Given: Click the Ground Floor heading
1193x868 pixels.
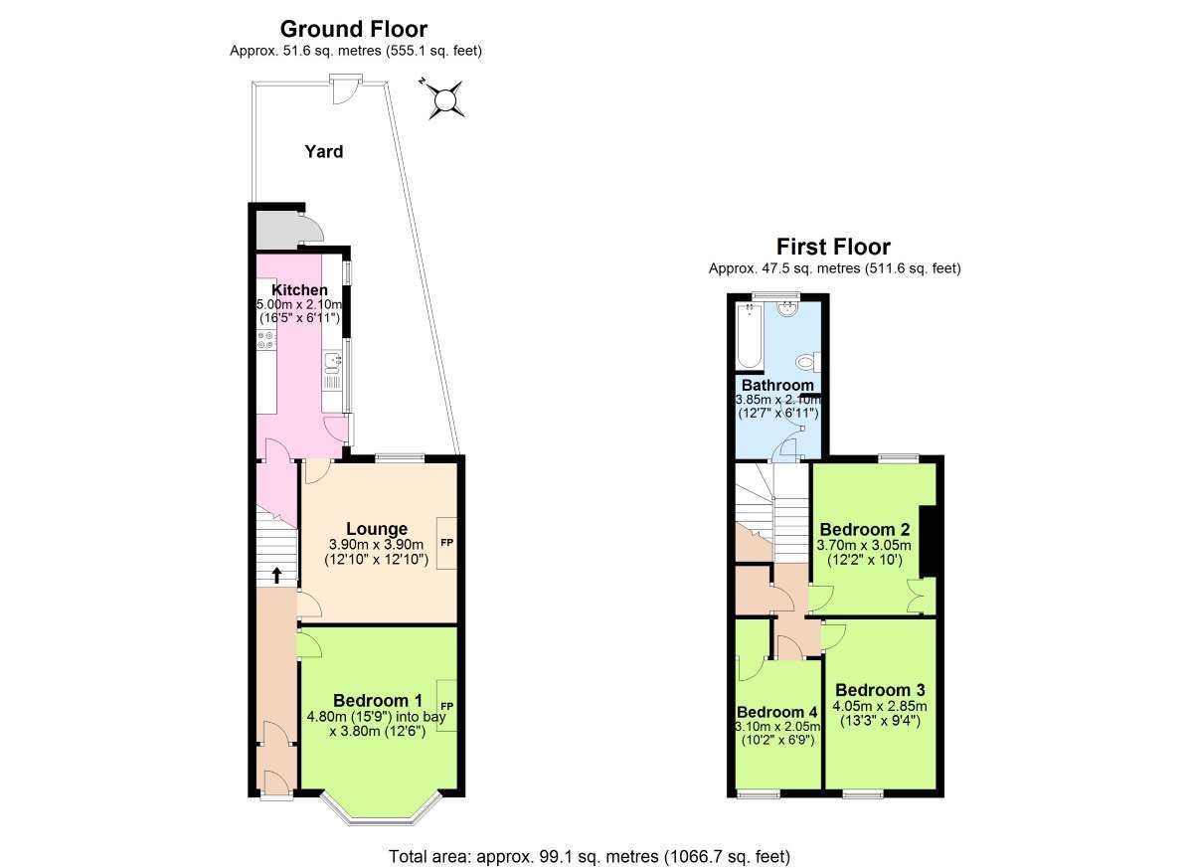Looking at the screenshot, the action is point(354,29).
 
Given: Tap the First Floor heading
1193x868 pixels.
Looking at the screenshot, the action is point(833,248).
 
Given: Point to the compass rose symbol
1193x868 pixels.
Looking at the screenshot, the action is point(444,99).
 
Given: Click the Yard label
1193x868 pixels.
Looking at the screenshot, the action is point(324,152).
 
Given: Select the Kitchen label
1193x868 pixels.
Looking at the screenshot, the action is point(299,290).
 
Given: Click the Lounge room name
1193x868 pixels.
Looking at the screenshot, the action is point(377,529).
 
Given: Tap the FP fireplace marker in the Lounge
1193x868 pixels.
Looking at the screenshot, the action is point(446,543).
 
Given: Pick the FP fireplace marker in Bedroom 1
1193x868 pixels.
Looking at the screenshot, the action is point(446,706).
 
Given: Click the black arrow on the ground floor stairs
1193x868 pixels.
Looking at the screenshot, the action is point(277,576).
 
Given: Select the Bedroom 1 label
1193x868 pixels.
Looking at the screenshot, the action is point(378,700).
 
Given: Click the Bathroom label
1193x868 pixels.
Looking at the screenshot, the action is point(777,385).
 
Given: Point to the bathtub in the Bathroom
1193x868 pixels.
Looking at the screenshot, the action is point(750,335).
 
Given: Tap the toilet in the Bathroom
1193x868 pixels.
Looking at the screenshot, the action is point(808,363).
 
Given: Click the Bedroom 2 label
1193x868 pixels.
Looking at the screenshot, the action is point(864,529).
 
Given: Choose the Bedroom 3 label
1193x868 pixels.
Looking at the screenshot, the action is point(880,690).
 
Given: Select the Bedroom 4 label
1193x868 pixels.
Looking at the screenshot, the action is point(777,712).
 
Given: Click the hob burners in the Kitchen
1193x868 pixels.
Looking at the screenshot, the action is point(266,341).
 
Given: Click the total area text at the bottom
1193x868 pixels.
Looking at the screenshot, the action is point(590,842).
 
